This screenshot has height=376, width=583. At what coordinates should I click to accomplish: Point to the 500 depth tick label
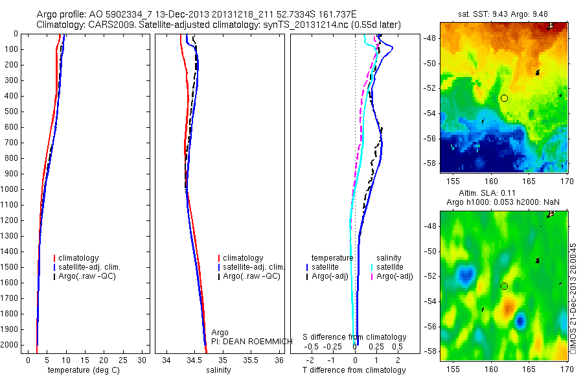point(12,112)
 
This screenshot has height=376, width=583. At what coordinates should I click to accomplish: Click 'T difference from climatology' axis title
point(354,370)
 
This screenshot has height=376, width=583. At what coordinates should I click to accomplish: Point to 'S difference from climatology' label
point(355,337)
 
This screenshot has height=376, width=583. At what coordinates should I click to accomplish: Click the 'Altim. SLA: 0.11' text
point(503,194)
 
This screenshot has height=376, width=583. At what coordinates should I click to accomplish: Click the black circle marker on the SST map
point(504,98)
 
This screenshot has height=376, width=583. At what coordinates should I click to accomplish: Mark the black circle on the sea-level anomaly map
point(504,286)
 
